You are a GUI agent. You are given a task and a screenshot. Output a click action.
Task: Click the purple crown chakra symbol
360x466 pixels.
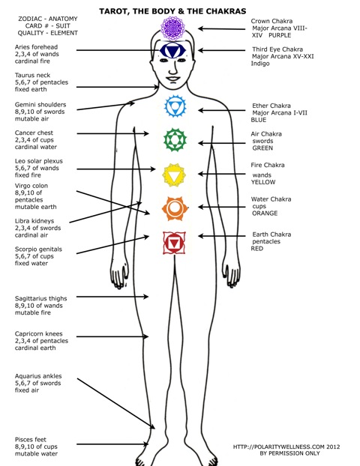(172, 28)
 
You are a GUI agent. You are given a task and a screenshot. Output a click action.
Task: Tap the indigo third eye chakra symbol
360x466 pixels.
(172, 50)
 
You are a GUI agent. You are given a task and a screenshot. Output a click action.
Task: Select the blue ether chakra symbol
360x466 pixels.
(175, 106)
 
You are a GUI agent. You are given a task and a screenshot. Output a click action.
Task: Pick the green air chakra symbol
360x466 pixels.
(175, 139)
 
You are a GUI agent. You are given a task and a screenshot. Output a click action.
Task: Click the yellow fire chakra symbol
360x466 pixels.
(174, 175)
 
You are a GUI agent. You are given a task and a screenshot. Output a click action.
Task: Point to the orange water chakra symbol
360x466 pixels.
(175, 208)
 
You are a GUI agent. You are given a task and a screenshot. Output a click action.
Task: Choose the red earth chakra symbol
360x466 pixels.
(174, 243)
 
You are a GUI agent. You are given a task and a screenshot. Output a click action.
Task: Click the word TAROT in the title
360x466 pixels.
(113, 11)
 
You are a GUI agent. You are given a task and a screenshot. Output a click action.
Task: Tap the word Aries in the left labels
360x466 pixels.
(22, 47)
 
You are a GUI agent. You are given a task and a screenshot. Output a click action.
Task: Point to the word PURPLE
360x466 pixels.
(280, 35)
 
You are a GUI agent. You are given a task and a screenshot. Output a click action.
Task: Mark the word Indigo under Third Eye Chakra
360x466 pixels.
(260, 64)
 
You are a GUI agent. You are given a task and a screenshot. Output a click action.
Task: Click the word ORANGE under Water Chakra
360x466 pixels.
(265, 213)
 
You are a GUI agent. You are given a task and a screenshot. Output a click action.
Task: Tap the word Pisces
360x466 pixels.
(22, 440)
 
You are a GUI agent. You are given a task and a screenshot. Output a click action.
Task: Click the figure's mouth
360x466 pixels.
(172, 79)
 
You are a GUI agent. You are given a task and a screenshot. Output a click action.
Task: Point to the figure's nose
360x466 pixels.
(172, 69)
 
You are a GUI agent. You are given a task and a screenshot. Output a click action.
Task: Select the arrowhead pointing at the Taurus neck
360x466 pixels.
(155, 87)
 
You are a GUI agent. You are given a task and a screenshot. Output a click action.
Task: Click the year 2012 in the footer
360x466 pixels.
(333, 447)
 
